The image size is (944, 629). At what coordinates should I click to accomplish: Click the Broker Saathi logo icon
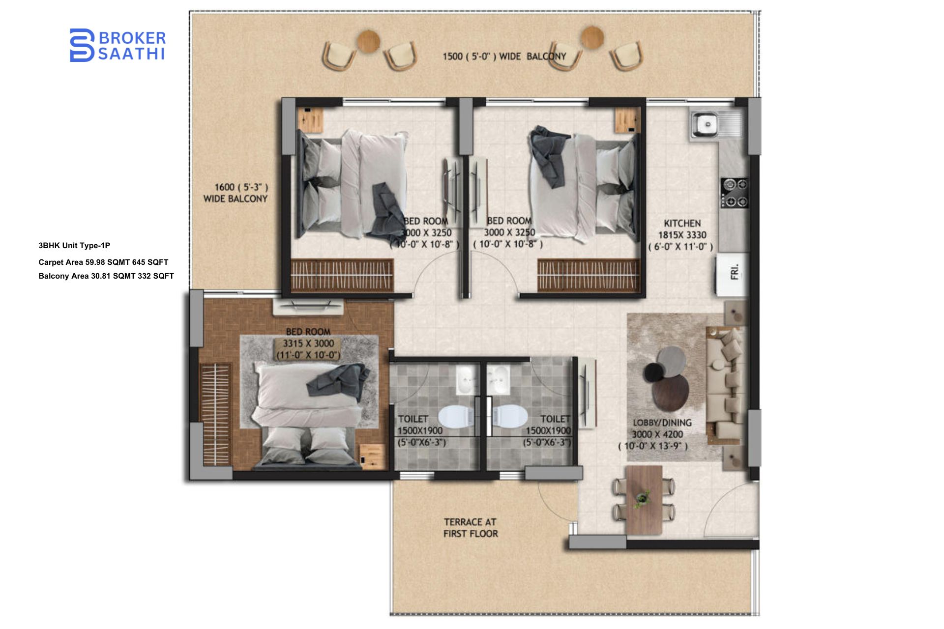[82, 45]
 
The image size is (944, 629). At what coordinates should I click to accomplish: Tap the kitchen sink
[708, 124]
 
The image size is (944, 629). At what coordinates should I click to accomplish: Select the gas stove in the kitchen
[735, 193]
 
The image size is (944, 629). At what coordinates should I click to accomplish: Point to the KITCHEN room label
[682, 223]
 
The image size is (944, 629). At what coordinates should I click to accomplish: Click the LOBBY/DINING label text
[662, 423]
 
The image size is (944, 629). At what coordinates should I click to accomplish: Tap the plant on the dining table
[642, 498]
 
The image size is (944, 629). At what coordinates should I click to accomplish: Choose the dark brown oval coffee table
[671, 392]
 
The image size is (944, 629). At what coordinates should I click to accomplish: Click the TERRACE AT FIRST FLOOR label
[471, 528]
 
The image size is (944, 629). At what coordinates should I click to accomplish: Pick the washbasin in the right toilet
[499, 380]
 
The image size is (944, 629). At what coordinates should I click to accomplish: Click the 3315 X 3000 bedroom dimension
[308, 343]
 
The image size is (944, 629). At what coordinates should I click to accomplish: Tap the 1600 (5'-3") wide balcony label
[236, 193]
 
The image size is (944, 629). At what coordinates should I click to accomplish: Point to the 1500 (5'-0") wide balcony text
[504, 57]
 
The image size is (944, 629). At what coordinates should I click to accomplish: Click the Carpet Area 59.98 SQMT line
[103, 262]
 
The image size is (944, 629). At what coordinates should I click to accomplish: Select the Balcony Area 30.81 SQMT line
[106, 276]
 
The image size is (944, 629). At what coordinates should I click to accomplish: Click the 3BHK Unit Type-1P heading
[74, 246]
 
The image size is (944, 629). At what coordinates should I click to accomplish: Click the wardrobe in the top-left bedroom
[342, 275]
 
